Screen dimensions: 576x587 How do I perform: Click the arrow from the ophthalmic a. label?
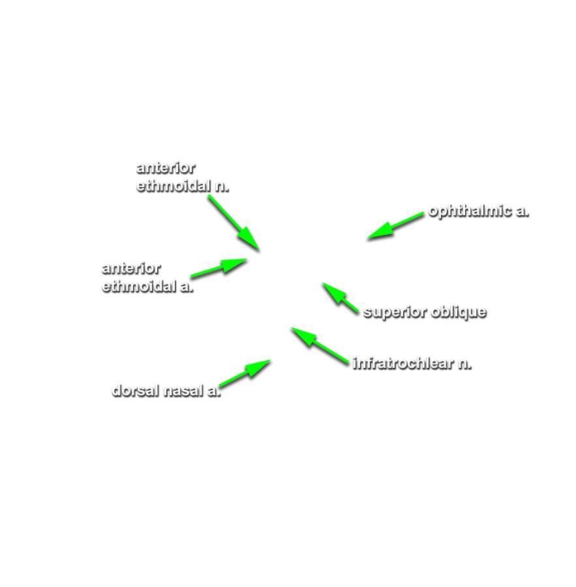395,226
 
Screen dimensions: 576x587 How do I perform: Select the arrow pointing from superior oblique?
341,297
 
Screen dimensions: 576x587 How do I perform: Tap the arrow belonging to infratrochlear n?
320,345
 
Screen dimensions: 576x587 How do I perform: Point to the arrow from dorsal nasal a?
245,373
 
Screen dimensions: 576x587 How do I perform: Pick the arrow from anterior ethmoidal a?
219,267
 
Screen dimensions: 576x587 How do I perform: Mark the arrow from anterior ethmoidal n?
234,222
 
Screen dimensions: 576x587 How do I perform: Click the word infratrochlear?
403,363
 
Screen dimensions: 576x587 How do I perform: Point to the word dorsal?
136,391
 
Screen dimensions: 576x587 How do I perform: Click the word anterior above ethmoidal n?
166,168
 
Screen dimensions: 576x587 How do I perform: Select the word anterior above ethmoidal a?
131,268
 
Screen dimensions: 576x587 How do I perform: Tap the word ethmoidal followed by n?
174,186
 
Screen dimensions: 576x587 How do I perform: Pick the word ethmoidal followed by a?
139,286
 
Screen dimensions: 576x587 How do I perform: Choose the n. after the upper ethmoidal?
222,187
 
